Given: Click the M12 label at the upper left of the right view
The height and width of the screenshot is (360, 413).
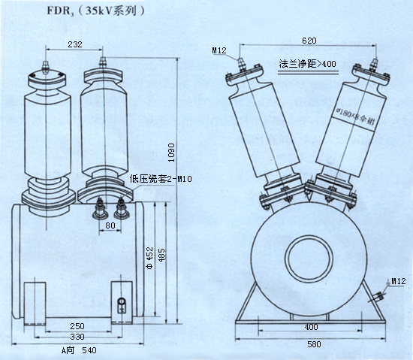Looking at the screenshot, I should pos(219,50).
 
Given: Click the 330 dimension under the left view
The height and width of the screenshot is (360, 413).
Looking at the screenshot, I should pos(77,337).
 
